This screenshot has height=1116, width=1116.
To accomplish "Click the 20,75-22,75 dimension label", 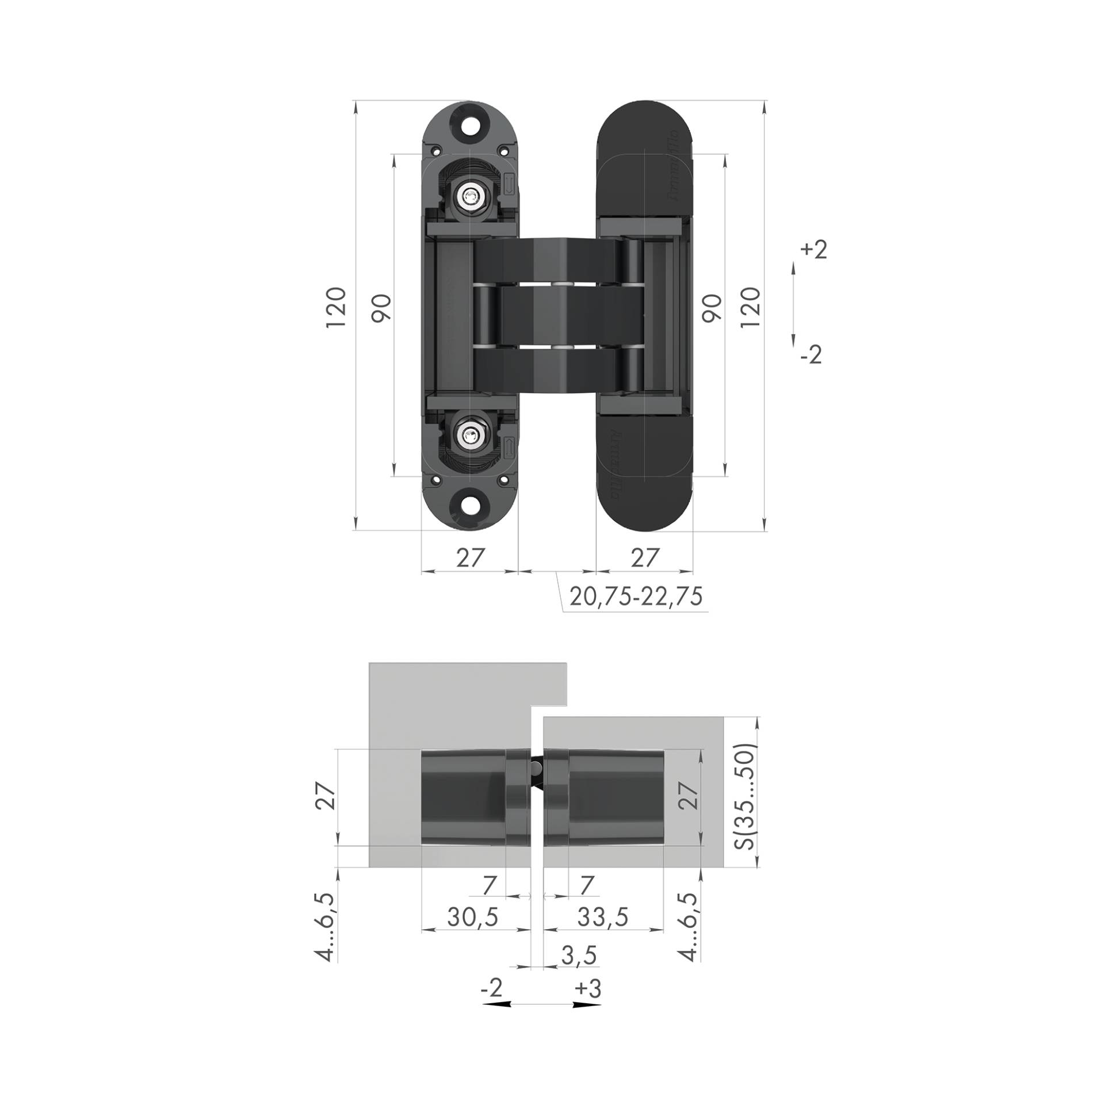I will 636,595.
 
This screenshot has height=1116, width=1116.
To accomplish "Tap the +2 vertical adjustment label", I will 814,250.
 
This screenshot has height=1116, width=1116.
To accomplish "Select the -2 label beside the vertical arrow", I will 811,355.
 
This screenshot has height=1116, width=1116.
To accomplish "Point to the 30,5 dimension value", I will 472,917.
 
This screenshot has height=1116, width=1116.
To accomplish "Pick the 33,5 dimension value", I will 603,917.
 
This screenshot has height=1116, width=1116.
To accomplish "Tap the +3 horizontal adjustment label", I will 588,988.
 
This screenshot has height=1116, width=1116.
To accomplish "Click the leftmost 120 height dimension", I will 335,307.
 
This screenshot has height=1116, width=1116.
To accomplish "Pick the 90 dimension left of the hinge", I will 382,307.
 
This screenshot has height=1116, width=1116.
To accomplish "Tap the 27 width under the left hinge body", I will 469,557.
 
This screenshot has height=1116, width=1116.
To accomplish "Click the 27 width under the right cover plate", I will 644,557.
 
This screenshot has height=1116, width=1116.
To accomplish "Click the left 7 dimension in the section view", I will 490,884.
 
